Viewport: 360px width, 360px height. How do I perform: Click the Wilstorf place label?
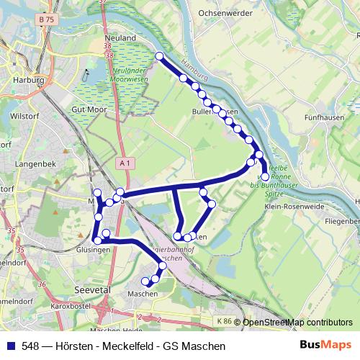click(x=24, y=115)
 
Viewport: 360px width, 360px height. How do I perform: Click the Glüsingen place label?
click(x=93, y=250)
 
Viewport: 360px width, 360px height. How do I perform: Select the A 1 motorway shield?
click(x=126, y=163)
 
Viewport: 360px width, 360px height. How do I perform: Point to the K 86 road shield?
click(x=225, y=322)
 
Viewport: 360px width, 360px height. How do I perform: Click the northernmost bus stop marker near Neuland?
click(x=159, y=56)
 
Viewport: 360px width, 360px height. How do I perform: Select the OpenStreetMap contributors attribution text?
click(x=297, y=323)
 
